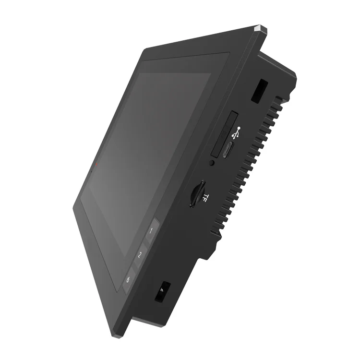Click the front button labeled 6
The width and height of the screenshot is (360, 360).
[128, 280]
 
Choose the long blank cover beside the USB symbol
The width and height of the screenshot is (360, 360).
[222, 133]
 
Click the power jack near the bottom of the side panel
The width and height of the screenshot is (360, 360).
[162, 291]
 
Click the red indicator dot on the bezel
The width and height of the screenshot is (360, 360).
[96, 165]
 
